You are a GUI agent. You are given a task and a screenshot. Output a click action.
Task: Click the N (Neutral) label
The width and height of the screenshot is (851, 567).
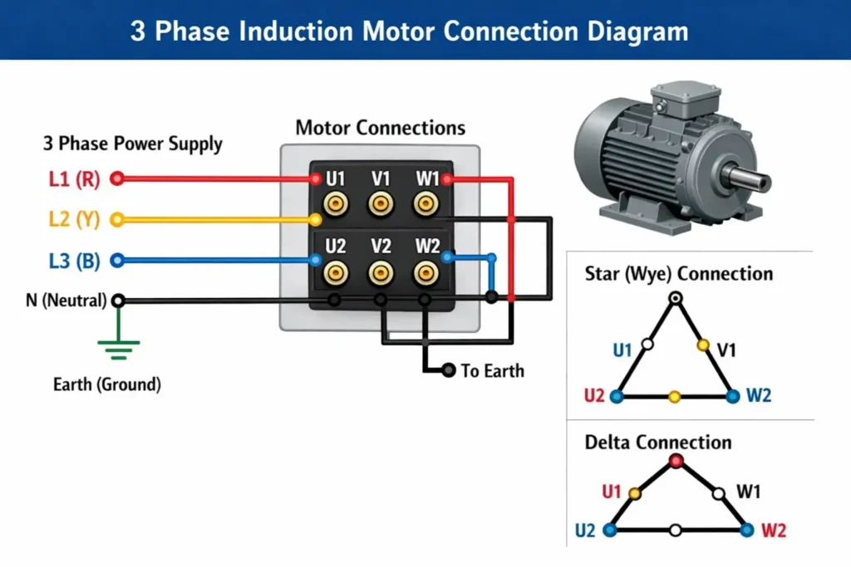[66, 301]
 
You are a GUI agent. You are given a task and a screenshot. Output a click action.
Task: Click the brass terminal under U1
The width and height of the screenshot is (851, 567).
[336, 203]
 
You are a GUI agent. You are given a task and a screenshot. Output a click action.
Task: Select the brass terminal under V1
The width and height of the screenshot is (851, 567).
[381, 203]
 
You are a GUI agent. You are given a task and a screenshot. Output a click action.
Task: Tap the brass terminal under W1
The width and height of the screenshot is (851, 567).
[426, 203]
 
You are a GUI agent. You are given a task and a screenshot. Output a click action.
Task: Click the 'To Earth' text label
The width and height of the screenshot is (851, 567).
[493, 370]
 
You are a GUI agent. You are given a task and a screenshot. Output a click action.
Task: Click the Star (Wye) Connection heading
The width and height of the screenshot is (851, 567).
[678, 274]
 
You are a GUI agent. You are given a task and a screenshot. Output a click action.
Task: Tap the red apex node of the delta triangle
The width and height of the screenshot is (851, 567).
[676, 461]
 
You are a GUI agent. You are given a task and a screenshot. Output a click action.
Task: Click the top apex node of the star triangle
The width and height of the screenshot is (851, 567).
[676, 297]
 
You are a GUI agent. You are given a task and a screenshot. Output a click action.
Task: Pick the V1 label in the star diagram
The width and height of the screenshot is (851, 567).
[727, 349]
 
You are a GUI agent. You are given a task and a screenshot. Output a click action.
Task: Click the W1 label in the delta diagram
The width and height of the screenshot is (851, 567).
[749, 492]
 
